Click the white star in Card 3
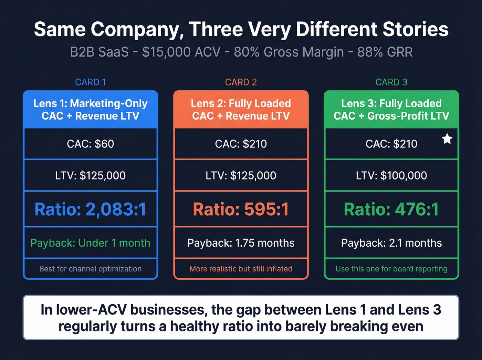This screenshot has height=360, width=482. coord(447,139)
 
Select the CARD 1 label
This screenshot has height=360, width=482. coord(90,82)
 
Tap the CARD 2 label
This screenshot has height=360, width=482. coord(241,82)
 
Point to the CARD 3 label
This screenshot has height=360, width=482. coord(391,82)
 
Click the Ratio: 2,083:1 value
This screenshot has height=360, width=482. coord(90,209)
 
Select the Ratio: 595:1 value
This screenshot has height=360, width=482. coord(241,209)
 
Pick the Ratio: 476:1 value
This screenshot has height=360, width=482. coord(391,209)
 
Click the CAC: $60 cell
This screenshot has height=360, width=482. coord(90,144)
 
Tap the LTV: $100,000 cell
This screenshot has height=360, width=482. coord(391,175)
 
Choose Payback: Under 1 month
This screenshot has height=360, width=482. coord(90,243)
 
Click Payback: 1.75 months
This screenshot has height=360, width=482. coord(241,243)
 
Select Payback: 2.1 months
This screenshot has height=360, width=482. coord(391,243)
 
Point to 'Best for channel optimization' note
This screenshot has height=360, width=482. coord(90,269)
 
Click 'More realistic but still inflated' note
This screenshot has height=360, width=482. coord(241,269)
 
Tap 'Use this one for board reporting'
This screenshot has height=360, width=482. coord(391,269)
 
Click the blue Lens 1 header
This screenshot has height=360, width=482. coord(90,110)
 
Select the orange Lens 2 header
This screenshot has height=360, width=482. coord(241,110)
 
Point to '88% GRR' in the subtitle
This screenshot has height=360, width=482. coord(385,52)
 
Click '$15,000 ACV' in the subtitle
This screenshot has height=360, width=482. coord(181,52)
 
